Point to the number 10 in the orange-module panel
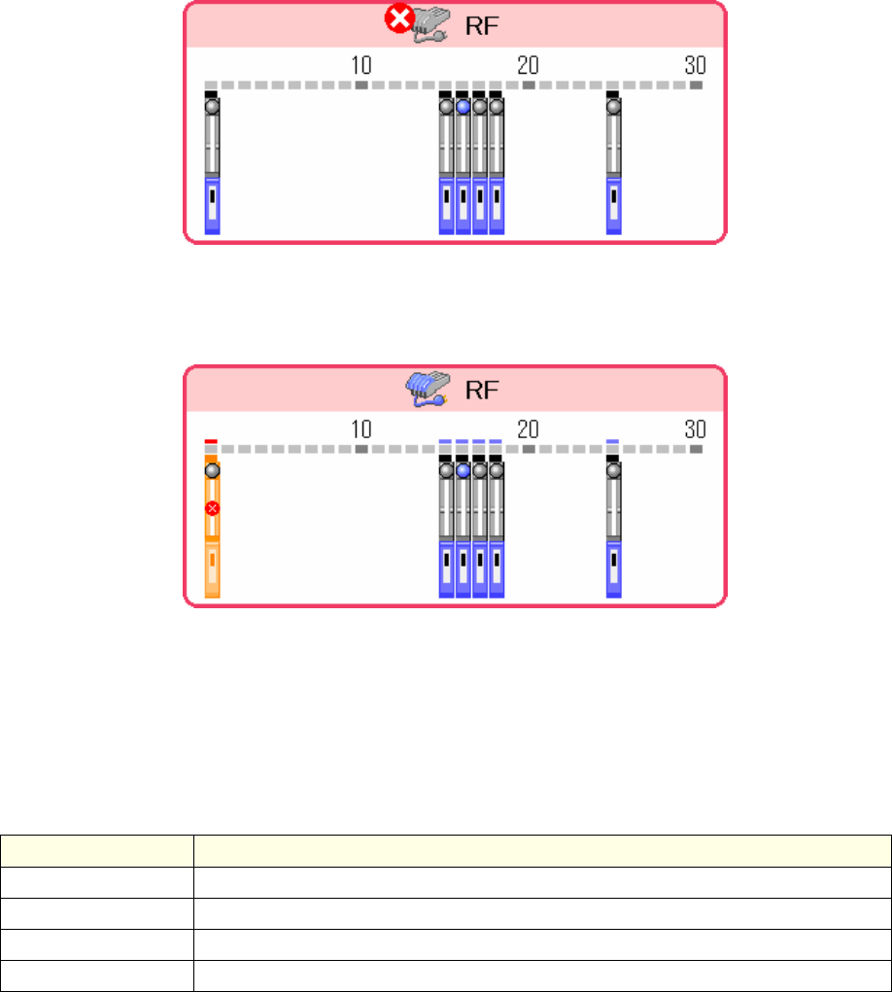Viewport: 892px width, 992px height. click(x=360, y=429)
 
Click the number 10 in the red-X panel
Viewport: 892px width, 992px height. click(x=360, y=65)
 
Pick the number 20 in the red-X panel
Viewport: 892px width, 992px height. click(x=528, y=65)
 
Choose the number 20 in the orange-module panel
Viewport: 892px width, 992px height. click(x=528, y=429)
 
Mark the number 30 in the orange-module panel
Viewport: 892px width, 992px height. click(x=695, y=429)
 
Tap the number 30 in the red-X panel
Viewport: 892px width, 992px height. click(x=695, y=65)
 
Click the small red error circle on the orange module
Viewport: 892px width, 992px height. click(x=212, y=508)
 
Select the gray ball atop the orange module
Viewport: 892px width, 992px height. click(x=212, y=470)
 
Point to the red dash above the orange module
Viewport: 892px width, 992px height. click(x=212, y=441)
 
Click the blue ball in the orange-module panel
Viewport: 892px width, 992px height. click(x=463, y=470)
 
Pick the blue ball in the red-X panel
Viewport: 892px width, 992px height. click(x=463, y=107)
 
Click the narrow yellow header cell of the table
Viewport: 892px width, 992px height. click(x=96, y=845)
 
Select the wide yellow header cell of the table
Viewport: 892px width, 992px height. click(x=541, y=845)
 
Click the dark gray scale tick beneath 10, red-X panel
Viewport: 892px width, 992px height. click(x=360, y=86)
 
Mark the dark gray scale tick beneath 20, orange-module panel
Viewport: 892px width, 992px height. click(x=528, y=450)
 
